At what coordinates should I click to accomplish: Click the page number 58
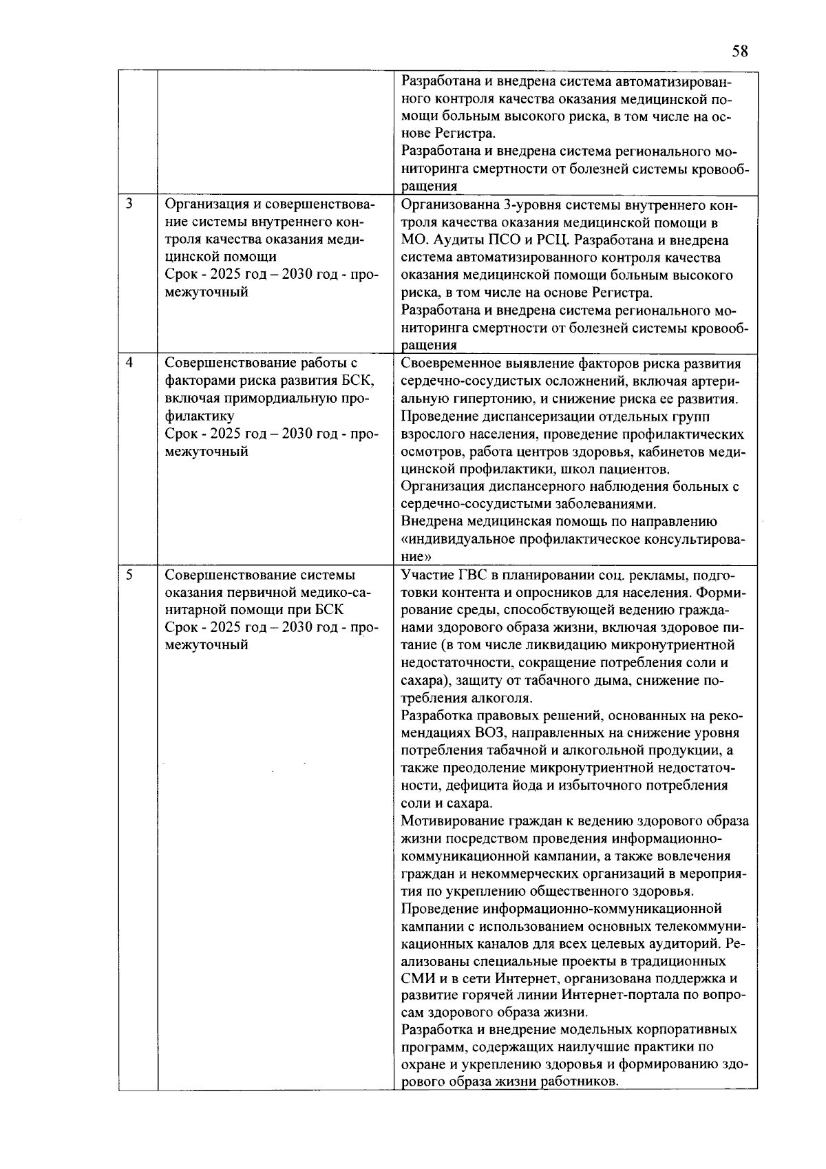tap(739, 52)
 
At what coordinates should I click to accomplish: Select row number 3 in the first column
tap(129, 204)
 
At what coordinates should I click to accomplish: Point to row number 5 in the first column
tap(129, 574)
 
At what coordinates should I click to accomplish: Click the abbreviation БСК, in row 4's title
tap(358, 381)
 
